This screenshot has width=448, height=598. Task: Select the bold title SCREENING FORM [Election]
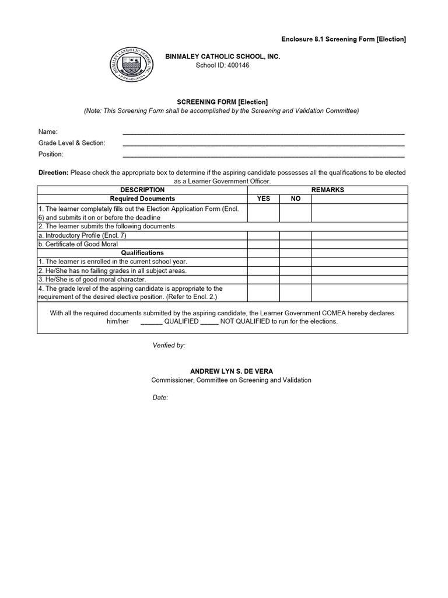pyautogui.click(x=222, y=102)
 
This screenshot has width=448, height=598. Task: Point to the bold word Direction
pyautogui.click(x=54, y=173)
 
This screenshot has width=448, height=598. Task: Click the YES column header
pyautogui.click(x=264, y=199)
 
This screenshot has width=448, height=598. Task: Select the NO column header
pyautogui.click(x=295, y=199)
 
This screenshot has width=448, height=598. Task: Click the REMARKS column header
pyautogui.click(x=328, y=190)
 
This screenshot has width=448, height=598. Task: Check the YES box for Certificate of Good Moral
pyautogui.click(x=264, y=244)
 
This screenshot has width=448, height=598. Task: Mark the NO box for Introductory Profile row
pyautogui.click(x=295, y=235)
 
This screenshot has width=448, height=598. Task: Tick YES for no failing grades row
pyautogui.click(x=264, y=271)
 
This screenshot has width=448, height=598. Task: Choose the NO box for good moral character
pyautogui.click(x=295, y=280)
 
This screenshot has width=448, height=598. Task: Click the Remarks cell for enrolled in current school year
pyautogui.click(x=359, y=262)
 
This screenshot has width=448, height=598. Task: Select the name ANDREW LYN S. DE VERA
pyautogui.click(x=232, y=371)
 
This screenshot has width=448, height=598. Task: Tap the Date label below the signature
pyautogui.click(x=160, y=397)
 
